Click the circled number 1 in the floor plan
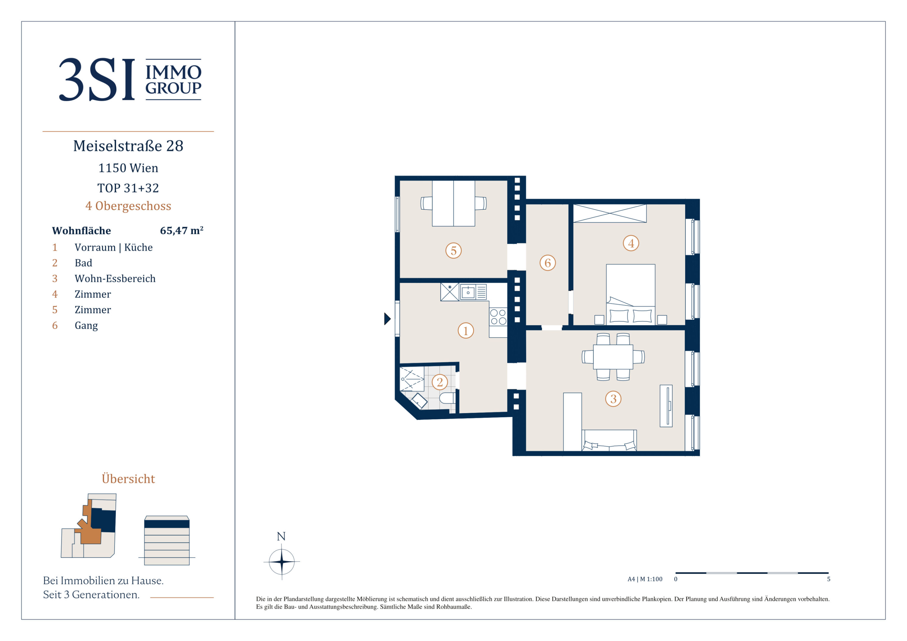466,331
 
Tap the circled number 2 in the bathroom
440,382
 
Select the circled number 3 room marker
613,399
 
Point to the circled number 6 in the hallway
547,263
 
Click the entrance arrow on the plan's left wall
387,318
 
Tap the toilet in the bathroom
448,398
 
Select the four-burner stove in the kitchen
498,317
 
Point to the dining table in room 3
613,357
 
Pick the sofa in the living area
609,440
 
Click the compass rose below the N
282,561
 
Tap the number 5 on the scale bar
829,579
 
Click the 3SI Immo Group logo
130,80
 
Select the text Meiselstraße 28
128,146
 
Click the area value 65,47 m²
182,230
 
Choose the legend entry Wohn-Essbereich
115,278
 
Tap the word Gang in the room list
86,326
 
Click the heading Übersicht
128,478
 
